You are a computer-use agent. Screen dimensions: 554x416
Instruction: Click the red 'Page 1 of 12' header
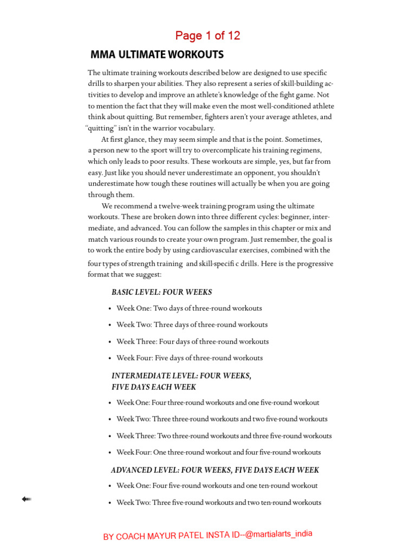(x=207, y=36)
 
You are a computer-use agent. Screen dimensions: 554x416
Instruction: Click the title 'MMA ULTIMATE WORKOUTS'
(x=157, y=55)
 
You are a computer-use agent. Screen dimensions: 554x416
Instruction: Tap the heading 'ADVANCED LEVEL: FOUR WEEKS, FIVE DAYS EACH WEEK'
(x=215, y=470)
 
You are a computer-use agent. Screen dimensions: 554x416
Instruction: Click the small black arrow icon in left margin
(x=26, y=499)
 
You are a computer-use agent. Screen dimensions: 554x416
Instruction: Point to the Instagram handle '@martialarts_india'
(x=278, y=534)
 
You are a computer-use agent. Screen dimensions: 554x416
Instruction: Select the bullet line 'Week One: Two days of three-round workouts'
(x=189, y=308)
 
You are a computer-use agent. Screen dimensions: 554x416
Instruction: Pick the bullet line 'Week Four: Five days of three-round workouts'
(x=190, y=358)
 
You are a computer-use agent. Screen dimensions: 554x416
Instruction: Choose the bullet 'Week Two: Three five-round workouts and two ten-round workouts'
(x=219, y=503)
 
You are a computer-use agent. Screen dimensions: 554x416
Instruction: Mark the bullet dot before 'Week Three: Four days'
(x=110, y=342)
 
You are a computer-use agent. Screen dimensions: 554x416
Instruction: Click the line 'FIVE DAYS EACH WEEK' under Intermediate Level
(x=154, y=387)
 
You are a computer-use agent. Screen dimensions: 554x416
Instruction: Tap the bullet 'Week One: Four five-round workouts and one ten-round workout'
(x=217, y=486)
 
